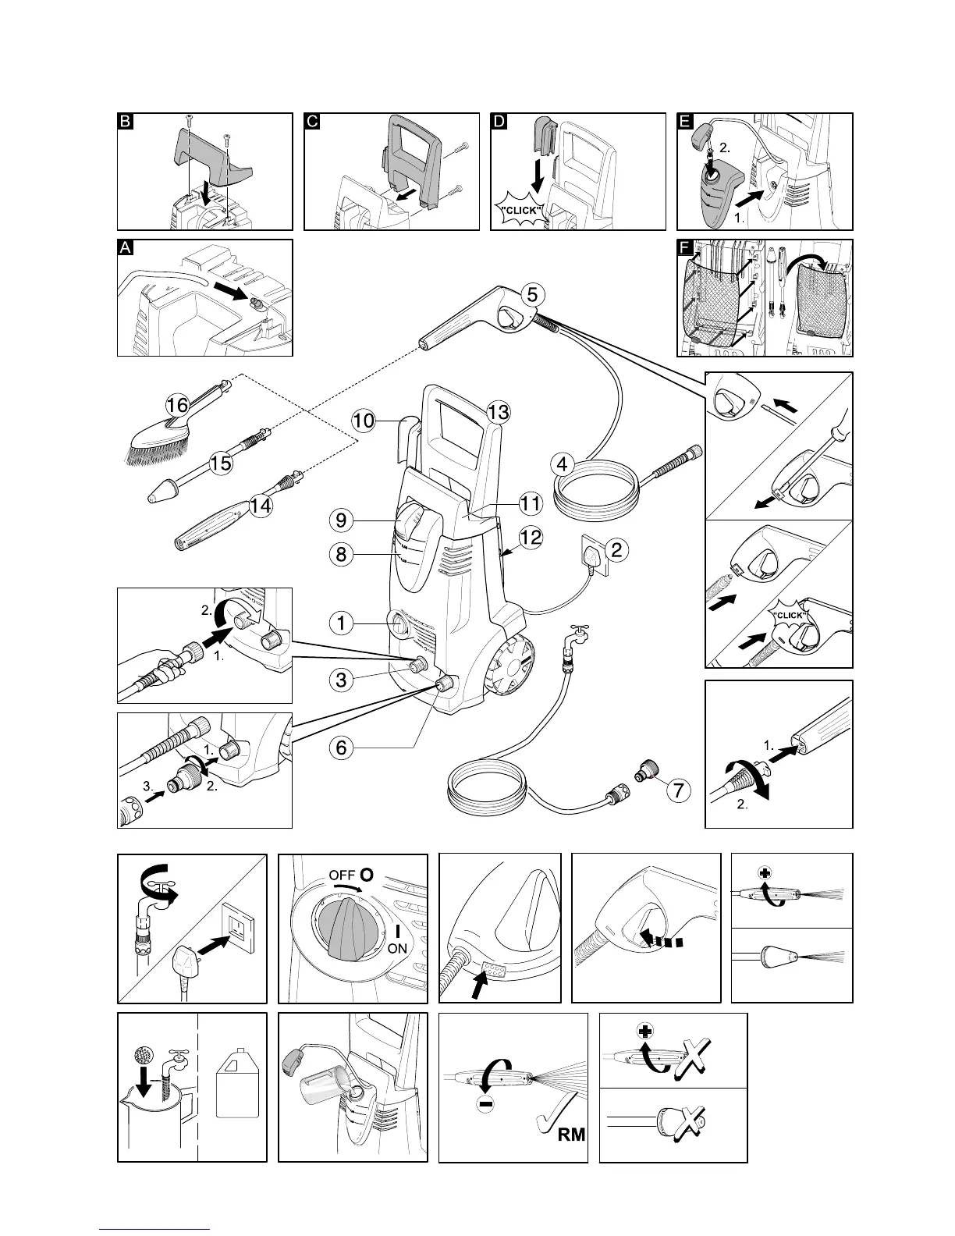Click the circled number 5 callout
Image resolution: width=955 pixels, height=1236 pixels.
[531, 295]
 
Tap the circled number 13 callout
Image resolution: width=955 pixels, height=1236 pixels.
[499, 411]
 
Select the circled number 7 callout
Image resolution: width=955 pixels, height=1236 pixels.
[679, 790]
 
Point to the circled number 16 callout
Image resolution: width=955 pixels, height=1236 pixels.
[178, 405]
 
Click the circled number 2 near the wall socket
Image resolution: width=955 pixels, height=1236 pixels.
[616, 550]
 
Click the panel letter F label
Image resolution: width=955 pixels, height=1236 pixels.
[685, 248]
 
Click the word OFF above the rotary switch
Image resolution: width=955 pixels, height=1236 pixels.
[342, 875]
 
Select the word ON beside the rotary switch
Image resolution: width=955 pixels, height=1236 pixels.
[397, 948]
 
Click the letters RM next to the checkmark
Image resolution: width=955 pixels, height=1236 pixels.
[571, 1156]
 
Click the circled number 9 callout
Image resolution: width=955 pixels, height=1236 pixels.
[341, 519]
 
